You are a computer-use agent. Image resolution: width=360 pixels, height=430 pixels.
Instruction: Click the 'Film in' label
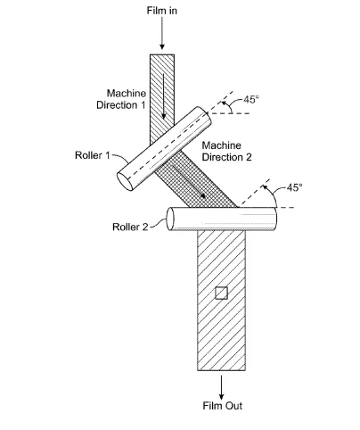(162, 11)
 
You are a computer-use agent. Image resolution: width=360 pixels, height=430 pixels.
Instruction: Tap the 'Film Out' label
(223, 406)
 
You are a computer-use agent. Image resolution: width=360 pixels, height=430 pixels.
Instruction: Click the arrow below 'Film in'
(162, 33)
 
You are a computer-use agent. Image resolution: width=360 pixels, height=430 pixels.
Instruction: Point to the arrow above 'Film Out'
(221, 388)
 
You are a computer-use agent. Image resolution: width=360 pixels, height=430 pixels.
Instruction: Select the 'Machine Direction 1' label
(121, 99)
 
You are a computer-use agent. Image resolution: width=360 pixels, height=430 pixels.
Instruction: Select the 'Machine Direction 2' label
(226, 151)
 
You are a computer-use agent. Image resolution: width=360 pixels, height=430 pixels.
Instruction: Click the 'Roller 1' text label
(93, 155)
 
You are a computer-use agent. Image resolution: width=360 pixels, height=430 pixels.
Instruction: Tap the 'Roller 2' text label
(130, 227)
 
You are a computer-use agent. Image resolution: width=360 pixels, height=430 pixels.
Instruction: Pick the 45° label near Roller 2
(294, 187)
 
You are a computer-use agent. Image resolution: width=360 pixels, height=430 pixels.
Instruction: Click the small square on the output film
(221, 293)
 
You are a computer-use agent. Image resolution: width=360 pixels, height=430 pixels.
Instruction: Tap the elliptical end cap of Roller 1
(125, 181)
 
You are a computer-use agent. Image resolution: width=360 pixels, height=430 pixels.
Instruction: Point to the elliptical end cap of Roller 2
(170, 219)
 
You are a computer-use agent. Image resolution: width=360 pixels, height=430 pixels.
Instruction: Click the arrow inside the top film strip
(163, 96)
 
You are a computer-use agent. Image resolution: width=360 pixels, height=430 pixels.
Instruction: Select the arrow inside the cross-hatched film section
(188, 181)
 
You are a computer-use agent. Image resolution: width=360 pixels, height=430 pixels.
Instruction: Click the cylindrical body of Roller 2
(222, 219)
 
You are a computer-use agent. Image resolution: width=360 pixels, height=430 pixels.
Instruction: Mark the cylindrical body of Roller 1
(164, 149)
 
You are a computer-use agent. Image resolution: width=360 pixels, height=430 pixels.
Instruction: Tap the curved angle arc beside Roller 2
(271, 194)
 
